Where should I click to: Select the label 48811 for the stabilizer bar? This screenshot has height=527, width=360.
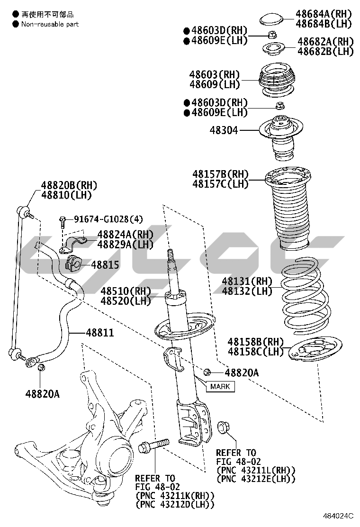99,333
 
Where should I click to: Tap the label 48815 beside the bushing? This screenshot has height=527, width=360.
105,265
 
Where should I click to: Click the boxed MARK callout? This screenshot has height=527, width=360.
220,386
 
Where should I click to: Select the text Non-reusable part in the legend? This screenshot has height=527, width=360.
50,24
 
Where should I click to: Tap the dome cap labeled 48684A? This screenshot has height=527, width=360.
271,19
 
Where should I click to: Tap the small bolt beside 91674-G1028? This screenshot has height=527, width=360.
63,220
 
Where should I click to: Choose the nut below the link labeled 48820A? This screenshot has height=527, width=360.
41,367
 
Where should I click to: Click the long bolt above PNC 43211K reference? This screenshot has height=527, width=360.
153,445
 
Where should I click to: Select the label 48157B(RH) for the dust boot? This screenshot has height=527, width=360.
220,174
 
